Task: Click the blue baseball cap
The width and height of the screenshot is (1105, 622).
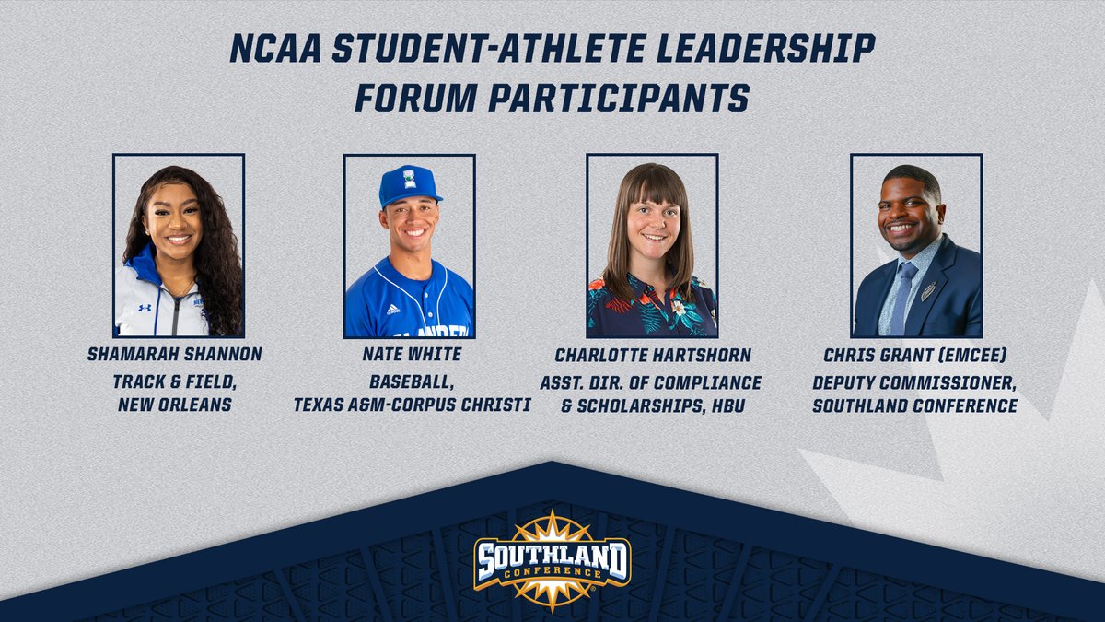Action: pyautogui.click(x=409, y=184)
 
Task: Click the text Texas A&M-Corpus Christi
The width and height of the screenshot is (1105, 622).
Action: pyautogui.click(x=412, y=405)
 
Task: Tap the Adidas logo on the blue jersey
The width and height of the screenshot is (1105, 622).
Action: pyautogui.click(x=393, y=310)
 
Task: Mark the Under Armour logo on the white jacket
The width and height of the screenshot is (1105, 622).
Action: pyautogui.click(x=145, y=307)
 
